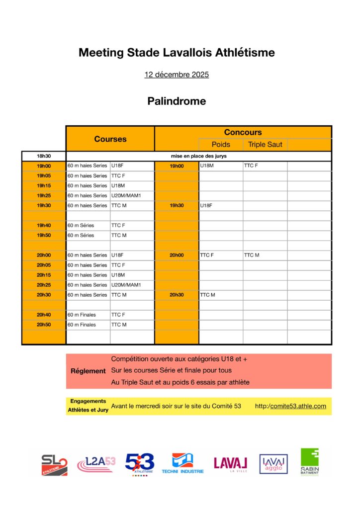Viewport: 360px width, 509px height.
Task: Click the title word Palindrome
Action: click(177, 101)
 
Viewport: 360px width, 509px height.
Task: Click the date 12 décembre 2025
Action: click(177, 75)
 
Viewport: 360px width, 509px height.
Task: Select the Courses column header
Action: click(110, 139)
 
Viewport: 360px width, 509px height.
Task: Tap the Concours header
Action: click(243, 132)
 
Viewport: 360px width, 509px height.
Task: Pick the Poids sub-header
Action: click(221, 145)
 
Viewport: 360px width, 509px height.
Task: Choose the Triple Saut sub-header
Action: click(265, 145)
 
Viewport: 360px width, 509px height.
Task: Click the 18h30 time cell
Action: click(44, 156)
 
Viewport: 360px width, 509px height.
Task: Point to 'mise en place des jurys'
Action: click(198, 156)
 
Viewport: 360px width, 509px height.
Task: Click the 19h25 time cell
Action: click(44, 195)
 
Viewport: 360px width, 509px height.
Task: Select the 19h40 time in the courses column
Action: click(44, 225)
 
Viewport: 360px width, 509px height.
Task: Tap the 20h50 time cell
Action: click(44, 325)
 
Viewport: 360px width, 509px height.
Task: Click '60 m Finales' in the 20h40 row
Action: click(82, 315)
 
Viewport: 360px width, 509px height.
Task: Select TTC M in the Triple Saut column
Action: click(252, 255)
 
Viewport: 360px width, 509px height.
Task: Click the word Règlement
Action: click(88, 371)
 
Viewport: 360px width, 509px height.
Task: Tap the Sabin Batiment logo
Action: click(309, 462)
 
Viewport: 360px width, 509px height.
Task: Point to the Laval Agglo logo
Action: click(273, 464)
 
